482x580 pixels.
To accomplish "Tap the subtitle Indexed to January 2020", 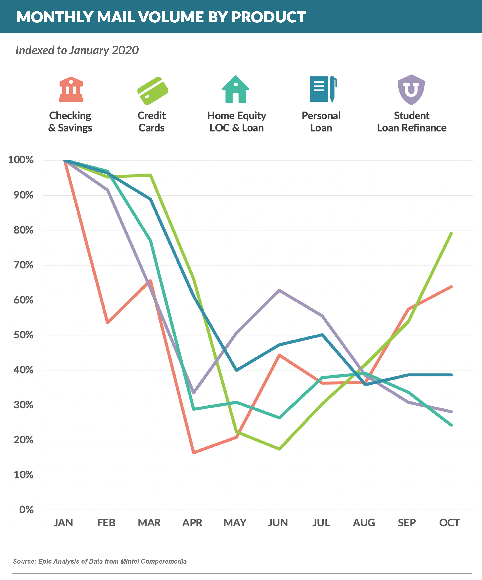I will coord(77,50).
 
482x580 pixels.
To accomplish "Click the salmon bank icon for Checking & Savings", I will coord(71,90).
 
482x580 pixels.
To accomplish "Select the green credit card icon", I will coord(153,91).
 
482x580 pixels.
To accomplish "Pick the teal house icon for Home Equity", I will coord(236,90).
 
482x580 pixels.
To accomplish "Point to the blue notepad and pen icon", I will coord(323,89).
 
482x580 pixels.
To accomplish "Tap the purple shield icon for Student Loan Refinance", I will coord(411,90).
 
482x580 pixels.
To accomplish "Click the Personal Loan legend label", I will coord(321,122).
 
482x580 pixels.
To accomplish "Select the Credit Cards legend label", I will coord(152,122).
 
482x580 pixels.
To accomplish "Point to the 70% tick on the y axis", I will coord(24,265).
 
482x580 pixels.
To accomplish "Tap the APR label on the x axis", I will coord(192,523).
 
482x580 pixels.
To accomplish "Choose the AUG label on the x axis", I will coord(364,523).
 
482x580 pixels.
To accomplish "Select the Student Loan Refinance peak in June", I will coord(280,290).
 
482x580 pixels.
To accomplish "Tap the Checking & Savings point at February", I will coord(108,322).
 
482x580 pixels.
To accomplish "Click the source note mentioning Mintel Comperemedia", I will coord(100,561).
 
